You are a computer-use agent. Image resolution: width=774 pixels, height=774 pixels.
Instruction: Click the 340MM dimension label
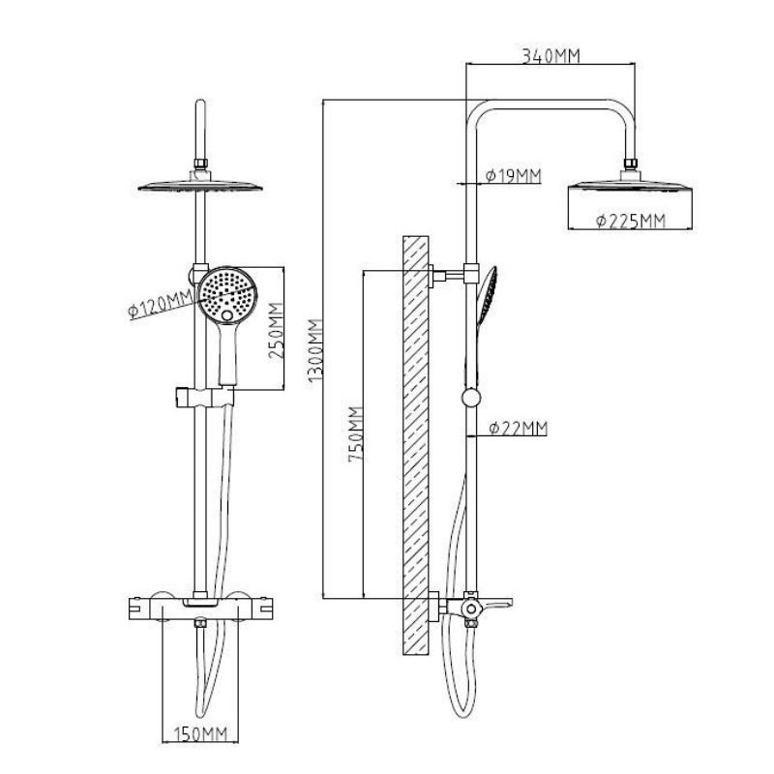pos(551,56)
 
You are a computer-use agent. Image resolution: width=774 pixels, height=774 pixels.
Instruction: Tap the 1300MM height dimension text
pos(315,350)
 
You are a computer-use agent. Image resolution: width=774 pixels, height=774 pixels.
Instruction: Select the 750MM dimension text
pos(356,433)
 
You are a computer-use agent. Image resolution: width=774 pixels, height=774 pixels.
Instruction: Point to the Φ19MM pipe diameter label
pos(514,175)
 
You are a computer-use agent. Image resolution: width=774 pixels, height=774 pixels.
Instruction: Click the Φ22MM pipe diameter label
pos(519,428)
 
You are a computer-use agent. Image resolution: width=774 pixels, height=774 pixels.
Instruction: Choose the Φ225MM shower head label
pos(631,221)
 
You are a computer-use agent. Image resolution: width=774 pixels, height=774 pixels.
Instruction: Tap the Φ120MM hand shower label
pos(161,305)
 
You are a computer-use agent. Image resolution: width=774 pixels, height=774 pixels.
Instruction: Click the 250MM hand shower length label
pos(276,330)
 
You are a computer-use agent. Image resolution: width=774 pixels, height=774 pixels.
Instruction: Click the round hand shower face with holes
pos(227,295)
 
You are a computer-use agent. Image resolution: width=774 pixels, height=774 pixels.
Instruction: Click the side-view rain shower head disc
pos(631,186)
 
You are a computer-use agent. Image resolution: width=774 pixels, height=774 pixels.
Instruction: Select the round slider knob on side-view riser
pos(471,398)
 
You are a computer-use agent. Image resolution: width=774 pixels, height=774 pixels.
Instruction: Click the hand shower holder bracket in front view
pos(204,397)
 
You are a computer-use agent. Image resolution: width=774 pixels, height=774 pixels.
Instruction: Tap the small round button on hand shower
pos(226,315)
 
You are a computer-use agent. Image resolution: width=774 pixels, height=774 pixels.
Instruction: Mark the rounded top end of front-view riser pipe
pos(200,103)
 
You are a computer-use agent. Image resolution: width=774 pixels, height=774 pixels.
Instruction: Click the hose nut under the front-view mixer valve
pos(200,624)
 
